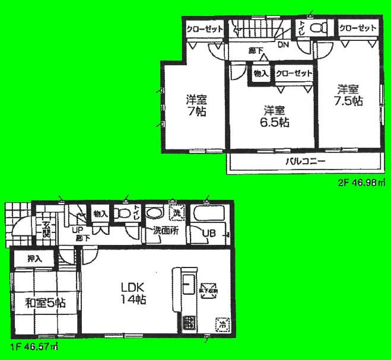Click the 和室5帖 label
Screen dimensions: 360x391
(x=44, y=303)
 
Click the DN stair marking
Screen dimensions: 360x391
(x=284, y=43)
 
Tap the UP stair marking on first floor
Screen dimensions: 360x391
(x=77, y=231)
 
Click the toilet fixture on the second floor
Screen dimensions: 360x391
(x=317, y=27)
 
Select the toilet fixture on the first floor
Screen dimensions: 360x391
(x=123, y=213)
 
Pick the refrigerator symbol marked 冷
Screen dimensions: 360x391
(x=221, y=324)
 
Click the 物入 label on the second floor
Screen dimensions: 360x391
(x=260, y=74)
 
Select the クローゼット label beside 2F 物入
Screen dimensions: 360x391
(x=292, y=74)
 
